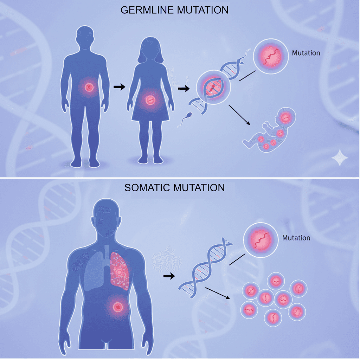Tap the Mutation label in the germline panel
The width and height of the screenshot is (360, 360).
tap(306, 53)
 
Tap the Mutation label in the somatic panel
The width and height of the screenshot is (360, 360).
tap(296, 238)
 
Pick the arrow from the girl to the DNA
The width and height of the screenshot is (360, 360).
tap(183, 89)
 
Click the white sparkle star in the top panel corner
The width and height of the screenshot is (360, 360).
tap(340, 159)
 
